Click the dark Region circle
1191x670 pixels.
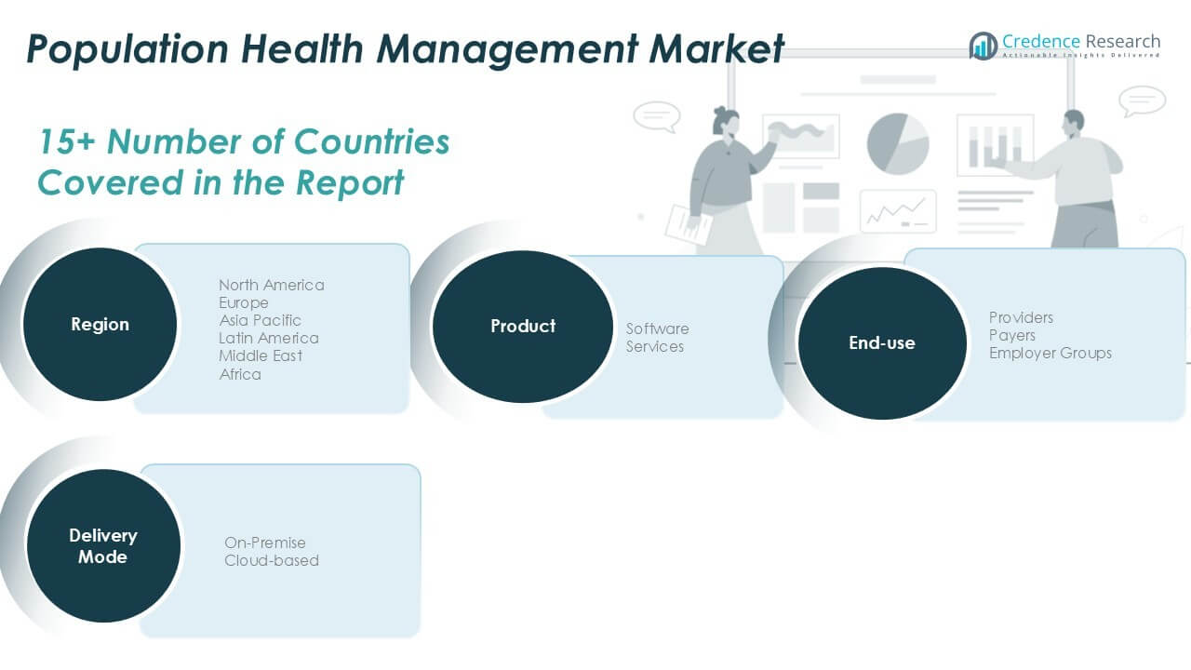coord(100,325)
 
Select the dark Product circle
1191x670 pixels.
coord(523,327)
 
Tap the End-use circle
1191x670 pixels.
coord(882,343)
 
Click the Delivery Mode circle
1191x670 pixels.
coord(102,546)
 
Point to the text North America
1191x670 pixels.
coord(272,285)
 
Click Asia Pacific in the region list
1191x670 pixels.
coord(260,320)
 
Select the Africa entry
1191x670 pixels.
coord(240,374)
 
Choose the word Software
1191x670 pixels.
coord(657,328)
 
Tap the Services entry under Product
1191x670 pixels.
coord(654,346)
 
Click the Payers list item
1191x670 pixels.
coord(1011,335)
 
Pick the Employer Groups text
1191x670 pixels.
coord(1050,353)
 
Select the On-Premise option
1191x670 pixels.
coord(264,543)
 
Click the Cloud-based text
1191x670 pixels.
coord(271,560)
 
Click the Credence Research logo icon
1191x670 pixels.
coord(983,46)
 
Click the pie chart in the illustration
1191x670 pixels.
coord(898,143)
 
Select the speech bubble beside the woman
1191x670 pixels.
coord(656,116)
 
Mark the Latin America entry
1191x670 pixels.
coord(268,338)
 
